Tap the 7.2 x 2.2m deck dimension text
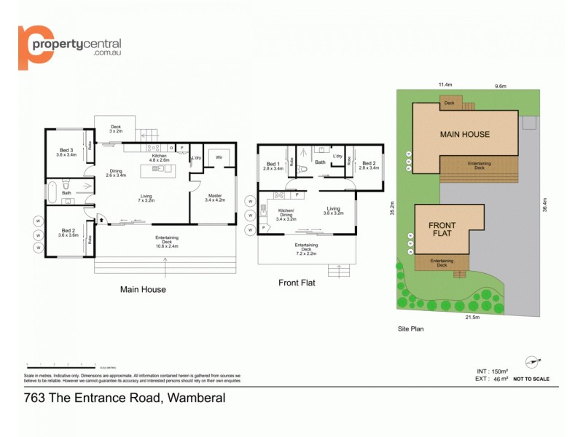(307, 250)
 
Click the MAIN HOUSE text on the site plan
(464, 134)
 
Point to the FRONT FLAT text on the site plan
(442, 229)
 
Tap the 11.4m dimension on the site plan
(445, 85)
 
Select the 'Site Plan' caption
(410, 328)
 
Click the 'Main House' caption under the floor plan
(143, 289)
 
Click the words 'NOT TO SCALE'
(532, 379)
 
